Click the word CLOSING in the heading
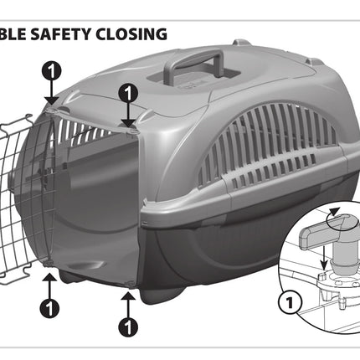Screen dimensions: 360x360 (131, 34)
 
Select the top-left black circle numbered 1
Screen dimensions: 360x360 (51, 71)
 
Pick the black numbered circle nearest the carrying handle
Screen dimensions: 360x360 (128, 94)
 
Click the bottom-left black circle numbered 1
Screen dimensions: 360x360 (49, 308)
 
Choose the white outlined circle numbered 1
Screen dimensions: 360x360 (290, 302)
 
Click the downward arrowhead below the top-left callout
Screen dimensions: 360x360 (51, 101)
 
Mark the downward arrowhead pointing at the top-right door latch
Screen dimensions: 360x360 (128, 123)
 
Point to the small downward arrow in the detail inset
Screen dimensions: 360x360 (323, 256)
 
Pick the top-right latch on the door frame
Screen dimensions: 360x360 (131, 131)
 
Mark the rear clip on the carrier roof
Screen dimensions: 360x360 (240, 44)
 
